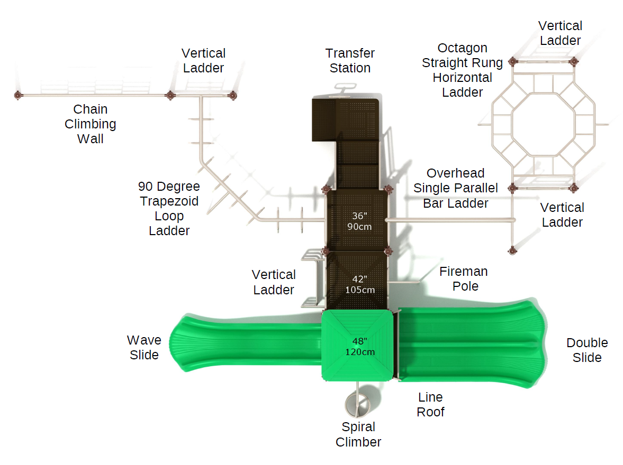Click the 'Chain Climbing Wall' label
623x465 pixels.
90,124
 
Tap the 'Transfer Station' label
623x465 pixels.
350,61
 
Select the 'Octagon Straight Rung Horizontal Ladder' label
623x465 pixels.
462,70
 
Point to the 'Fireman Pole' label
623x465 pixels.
463,279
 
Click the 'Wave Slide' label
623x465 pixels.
144,348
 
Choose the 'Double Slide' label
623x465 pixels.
586,350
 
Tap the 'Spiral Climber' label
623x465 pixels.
358,434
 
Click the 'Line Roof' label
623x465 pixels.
430,405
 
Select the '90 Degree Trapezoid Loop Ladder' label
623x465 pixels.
169,209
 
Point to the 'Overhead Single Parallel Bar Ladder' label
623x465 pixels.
456,188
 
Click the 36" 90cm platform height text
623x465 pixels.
359,221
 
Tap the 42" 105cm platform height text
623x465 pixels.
360,284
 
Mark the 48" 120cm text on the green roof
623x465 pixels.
360,346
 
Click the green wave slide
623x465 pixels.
243,343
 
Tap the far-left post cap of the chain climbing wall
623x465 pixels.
19,95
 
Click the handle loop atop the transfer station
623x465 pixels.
342,88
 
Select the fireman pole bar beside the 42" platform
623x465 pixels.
405,283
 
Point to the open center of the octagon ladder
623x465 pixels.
543,125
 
